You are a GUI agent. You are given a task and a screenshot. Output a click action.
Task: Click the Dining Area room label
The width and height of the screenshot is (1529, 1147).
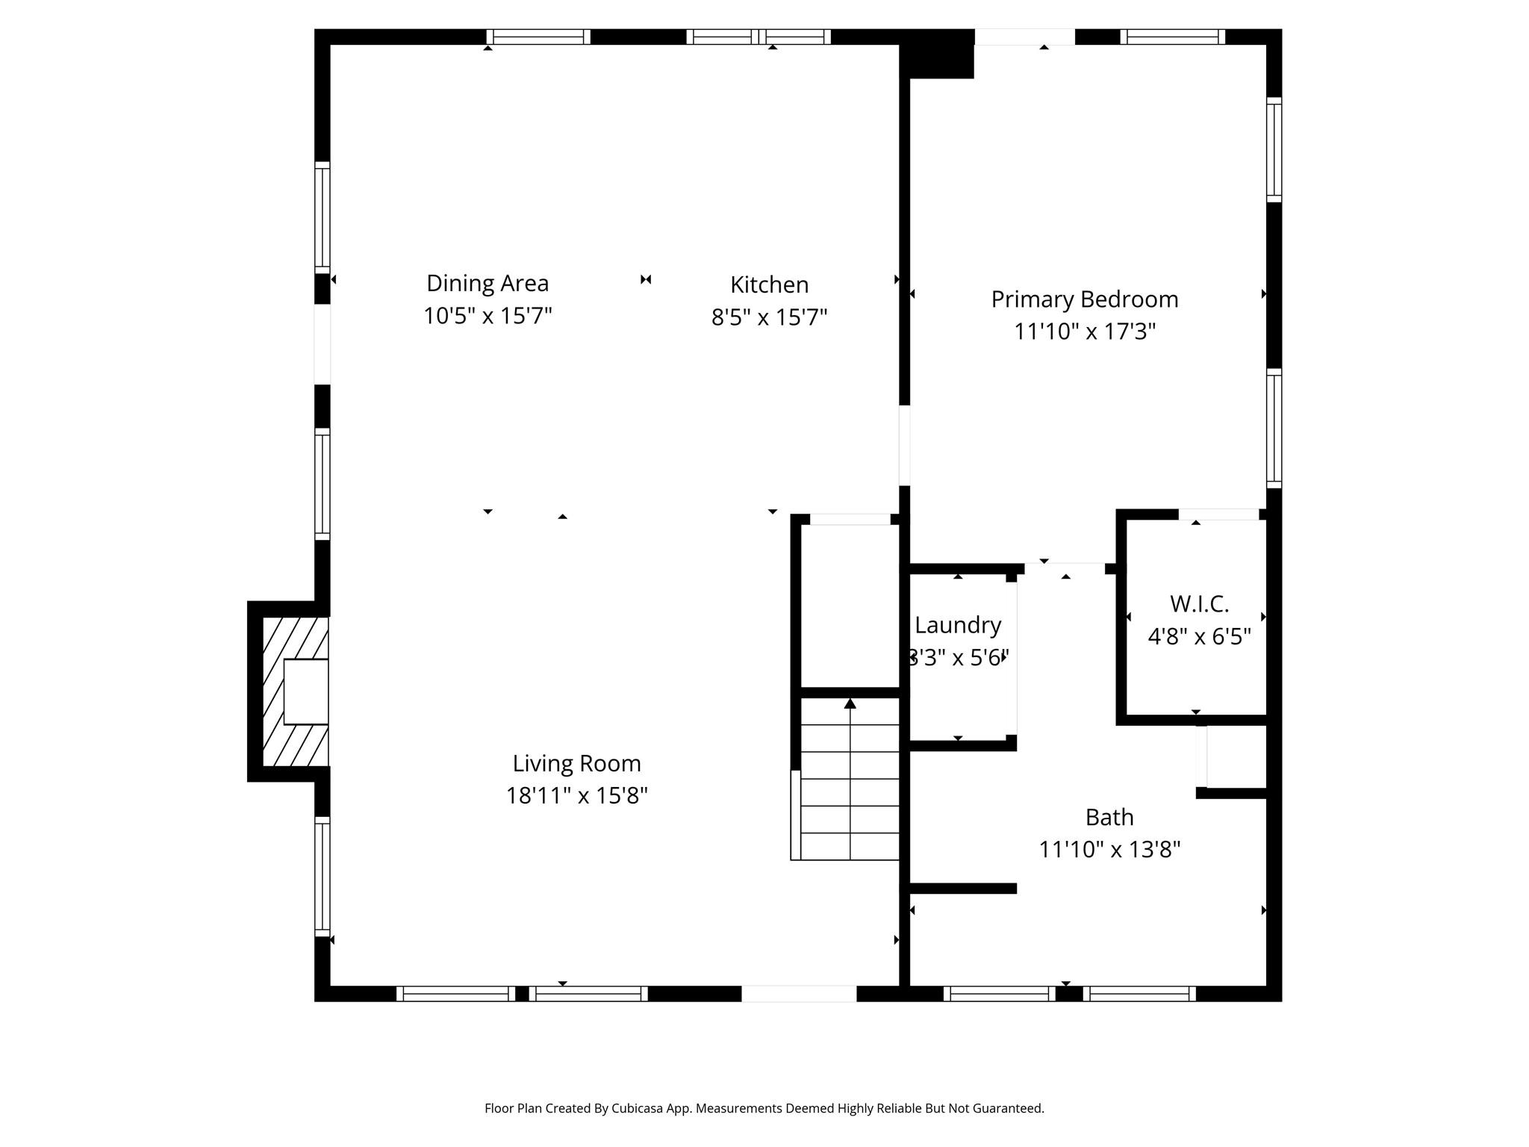coord(487,283)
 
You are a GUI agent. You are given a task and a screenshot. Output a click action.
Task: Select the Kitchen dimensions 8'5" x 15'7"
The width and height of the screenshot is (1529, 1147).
coord(769,317)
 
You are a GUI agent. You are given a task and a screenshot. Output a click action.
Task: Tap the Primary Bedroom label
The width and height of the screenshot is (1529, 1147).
coord(1084,299)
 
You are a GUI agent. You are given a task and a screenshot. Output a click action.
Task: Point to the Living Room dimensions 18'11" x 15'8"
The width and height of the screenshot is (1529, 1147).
coord(576,796)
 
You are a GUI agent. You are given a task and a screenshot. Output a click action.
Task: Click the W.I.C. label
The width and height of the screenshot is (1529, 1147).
coord(1199,603)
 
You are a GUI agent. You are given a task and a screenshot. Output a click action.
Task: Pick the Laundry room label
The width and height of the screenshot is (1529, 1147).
coord(958,625)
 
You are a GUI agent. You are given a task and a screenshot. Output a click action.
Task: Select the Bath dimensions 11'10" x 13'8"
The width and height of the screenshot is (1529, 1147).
coord(1109,850)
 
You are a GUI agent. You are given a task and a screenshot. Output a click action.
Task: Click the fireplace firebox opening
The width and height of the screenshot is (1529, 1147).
coord(306,691)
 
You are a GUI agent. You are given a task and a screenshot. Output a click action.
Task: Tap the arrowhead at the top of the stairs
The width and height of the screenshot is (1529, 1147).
coord(850,703)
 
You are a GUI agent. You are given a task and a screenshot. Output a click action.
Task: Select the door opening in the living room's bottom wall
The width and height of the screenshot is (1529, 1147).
coord(798,994)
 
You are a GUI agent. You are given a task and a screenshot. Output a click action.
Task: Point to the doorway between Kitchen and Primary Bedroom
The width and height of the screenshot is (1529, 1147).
coord(904,445)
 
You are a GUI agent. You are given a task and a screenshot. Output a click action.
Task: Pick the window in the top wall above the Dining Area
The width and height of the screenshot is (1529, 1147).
coord(538,37)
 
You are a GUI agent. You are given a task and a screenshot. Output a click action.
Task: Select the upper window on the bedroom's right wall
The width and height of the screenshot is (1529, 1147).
coord(1274,149)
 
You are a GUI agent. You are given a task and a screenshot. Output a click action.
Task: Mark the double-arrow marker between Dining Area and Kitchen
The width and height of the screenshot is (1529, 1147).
coord(646,279)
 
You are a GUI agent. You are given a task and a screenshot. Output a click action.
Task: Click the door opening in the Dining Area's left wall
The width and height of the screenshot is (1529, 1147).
coord(322,344)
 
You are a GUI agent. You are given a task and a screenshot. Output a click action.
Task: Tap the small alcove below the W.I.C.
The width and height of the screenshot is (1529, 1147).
coord(1236,756)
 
